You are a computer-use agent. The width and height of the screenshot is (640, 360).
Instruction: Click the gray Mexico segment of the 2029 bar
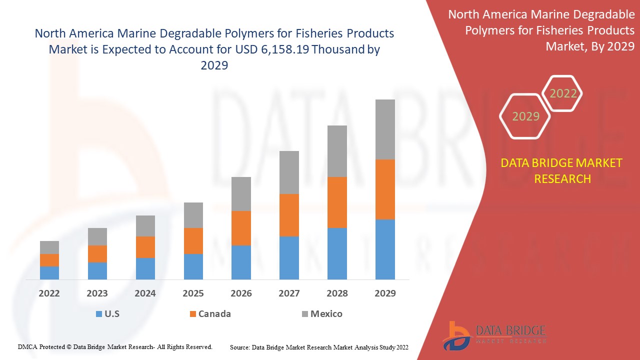(x=385, y=129)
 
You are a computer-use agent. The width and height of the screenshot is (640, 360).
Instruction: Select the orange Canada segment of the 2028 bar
(x=337, y=202)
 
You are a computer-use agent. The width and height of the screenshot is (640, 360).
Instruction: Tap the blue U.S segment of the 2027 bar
(x=289, y=257)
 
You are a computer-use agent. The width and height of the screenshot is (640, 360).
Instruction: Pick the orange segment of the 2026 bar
(x=241, y=228)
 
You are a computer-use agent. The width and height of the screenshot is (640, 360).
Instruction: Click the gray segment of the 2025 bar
(x=193, y=215)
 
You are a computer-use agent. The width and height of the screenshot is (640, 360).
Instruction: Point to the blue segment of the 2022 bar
(x=49, y=272)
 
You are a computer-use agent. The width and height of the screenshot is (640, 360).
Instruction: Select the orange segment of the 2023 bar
(x=97, y=253)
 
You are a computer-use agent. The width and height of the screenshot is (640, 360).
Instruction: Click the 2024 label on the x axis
(x=145, y=293)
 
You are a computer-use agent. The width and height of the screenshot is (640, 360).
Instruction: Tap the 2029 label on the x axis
(x=385, y=293)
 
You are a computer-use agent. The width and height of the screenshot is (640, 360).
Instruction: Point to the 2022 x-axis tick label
(x=49, y=293)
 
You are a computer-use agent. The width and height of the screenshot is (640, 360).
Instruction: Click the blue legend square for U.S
(x=98, y=314)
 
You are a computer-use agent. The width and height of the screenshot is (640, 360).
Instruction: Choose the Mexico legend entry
(x=322, y=314)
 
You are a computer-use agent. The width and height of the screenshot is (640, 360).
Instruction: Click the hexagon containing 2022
(x=563, y=93)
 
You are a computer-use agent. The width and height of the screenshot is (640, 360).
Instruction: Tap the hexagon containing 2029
(x=525, y=116)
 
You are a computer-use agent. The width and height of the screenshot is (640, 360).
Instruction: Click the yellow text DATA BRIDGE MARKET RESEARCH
(x=562, y=170)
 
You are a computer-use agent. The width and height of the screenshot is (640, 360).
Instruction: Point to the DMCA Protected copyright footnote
(x=115, y=346)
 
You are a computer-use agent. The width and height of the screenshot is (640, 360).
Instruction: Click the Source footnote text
(x=319, y=346)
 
